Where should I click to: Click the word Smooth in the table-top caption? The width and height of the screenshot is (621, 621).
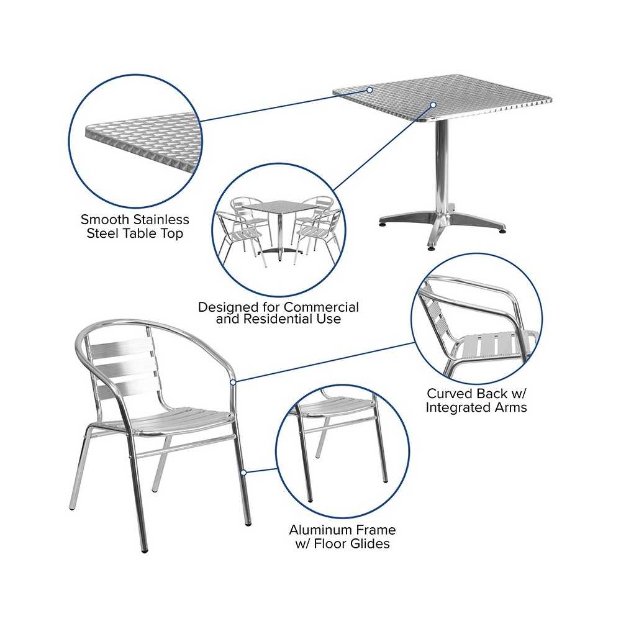(x=105, y=219)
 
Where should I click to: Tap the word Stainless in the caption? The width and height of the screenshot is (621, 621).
(x=161, y=219)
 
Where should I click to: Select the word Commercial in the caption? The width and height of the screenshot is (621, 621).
(x=321, y=307)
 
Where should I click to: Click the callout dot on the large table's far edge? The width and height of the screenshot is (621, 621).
(x=369, y=90)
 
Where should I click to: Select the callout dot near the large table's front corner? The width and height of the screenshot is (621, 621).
(x=433, y=105)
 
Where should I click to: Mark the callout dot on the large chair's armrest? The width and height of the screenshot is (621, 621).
(x=233, y=382)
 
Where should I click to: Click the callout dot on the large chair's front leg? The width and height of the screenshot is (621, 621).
(x=244, y=473)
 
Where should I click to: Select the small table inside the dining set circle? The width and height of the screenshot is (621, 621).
(x=279, y=229)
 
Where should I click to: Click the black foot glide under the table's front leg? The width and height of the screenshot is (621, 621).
(x=431, y=249)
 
